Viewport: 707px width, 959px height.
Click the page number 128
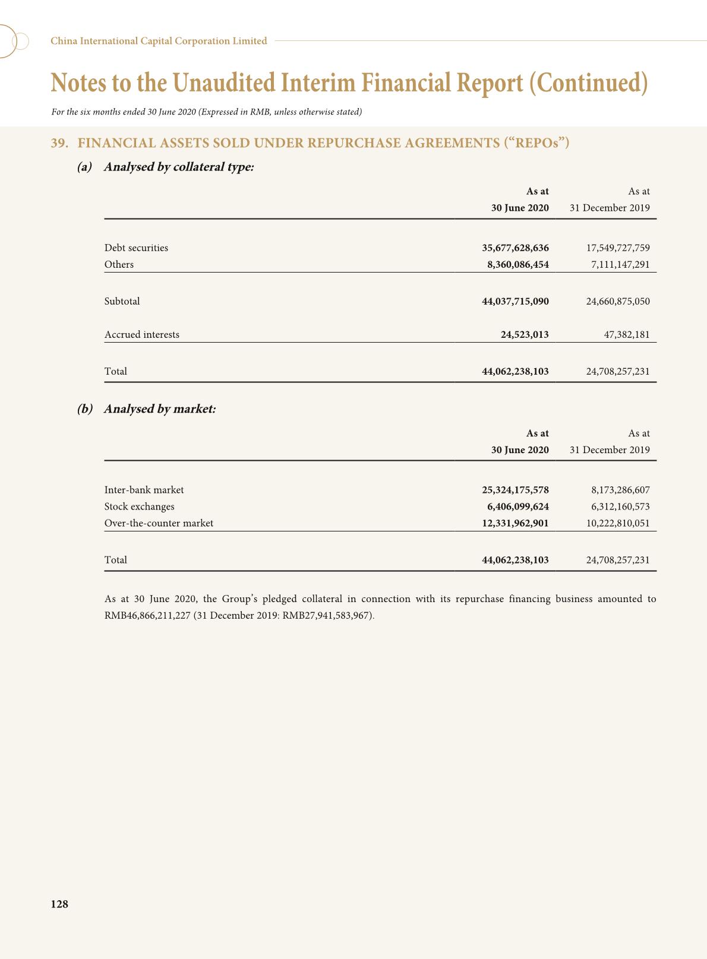coord(59,904)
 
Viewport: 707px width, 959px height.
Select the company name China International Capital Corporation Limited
coord(159,41)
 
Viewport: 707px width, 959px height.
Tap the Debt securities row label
coord(136,248)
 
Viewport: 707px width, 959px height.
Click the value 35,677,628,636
coord(515,248)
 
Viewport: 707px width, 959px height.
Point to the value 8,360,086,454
coord(517,264)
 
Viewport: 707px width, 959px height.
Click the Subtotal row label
coord(122,301)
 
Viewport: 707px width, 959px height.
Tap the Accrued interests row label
coord(141,334)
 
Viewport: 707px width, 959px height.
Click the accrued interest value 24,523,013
coord(525,334)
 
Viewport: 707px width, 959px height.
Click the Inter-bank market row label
coord(144,490)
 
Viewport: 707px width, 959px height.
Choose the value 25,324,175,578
coord(515,490)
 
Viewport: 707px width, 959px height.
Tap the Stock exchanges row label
coord(139,507)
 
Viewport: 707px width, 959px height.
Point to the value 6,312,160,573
coord(620,507)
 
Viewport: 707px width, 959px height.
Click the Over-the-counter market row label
coord(159,523)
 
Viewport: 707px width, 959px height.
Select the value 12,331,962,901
coord(515,523)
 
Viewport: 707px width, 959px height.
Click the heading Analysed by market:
coord(159,409)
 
